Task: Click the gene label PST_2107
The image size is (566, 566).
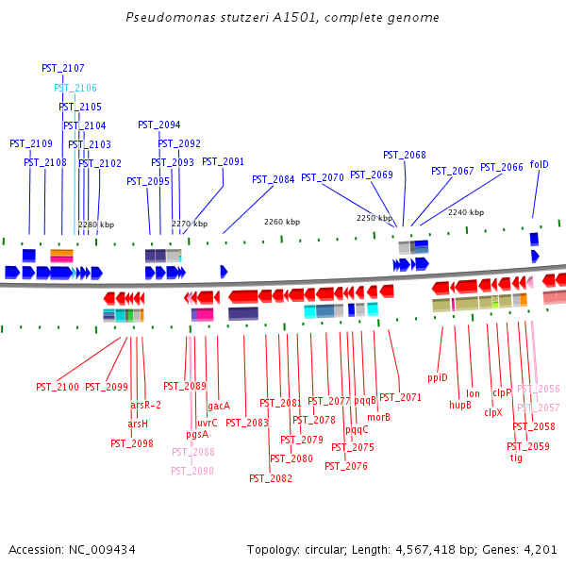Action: tap(63, 69)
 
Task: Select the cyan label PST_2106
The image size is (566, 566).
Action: tap(75, 88)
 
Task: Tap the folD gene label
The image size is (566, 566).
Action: tap(539, 164)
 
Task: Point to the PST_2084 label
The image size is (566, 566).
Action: tap(273, 179)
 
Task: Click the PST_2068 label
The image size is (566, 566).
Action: tap(404, 155)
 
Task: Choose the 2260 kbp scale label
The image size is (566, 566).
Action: tap(282, 222)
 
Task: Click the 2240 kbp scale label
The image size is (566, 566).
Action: tap(465, 212)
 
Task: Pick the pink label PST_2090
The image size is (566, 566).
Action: tap(192, 471)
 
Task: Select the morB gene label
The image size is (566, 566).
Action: tap(378, 417)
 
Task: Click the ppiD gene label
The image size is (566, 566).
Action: tap(437, 377)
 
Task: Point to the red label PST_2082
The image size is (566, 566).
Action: tap(271, 478)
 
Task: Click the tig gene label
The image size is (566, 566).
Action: tap(516, 458)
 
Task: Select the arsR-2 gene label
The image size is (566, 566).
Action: tap(145, 405)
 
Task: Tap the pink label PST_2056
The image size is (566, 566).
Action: tap(538, 389)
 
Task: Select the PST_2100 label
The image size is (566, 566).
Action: tap(58, 387)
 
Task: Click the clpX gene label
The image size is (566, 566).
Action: tap(493, 412)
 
